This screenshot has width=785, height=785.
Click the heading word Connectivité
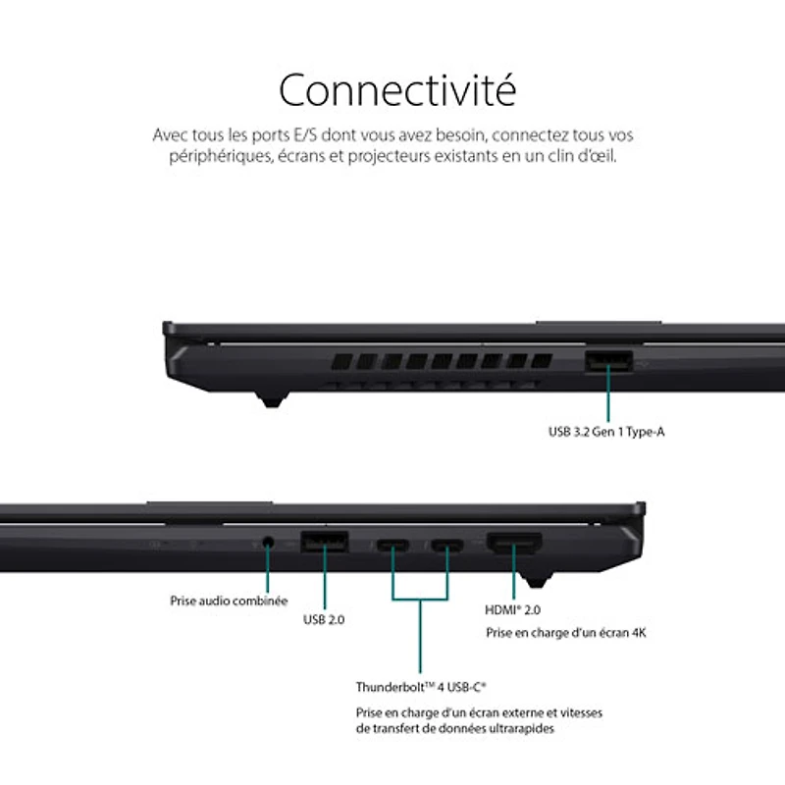[396, 90]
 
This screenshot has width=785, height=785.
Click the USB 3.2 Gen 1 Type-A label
[606, 431]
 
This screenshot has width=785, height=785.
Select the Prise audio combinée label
[229, 600]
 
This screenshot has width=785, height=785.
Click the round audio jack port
[268, 542]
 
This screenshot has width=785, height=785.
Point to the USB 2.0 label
[324, 619]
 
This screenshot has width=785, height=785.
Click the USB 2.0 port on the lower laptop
[323, 541]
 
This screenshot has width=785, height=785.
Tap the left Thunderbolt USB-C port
[393, 545]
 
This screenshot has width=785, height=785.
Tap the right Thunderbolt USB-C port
[447, 545]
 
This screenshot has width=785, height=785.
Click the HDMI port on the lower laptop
[513, 543]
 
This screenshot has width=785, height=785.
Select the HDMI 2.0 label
[513, 609]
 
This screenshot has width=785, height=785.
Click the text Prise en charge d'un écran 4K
[565, 633]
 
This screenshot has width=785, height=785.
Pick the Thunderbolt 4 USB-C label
[421, 687]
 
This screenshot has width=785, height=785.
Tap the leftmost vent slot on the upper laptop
[340, 361]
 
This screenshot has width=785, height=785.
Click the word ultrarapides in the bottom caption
[525, 729]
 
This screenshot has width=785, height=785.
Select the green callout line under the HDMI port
[513, 579]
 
